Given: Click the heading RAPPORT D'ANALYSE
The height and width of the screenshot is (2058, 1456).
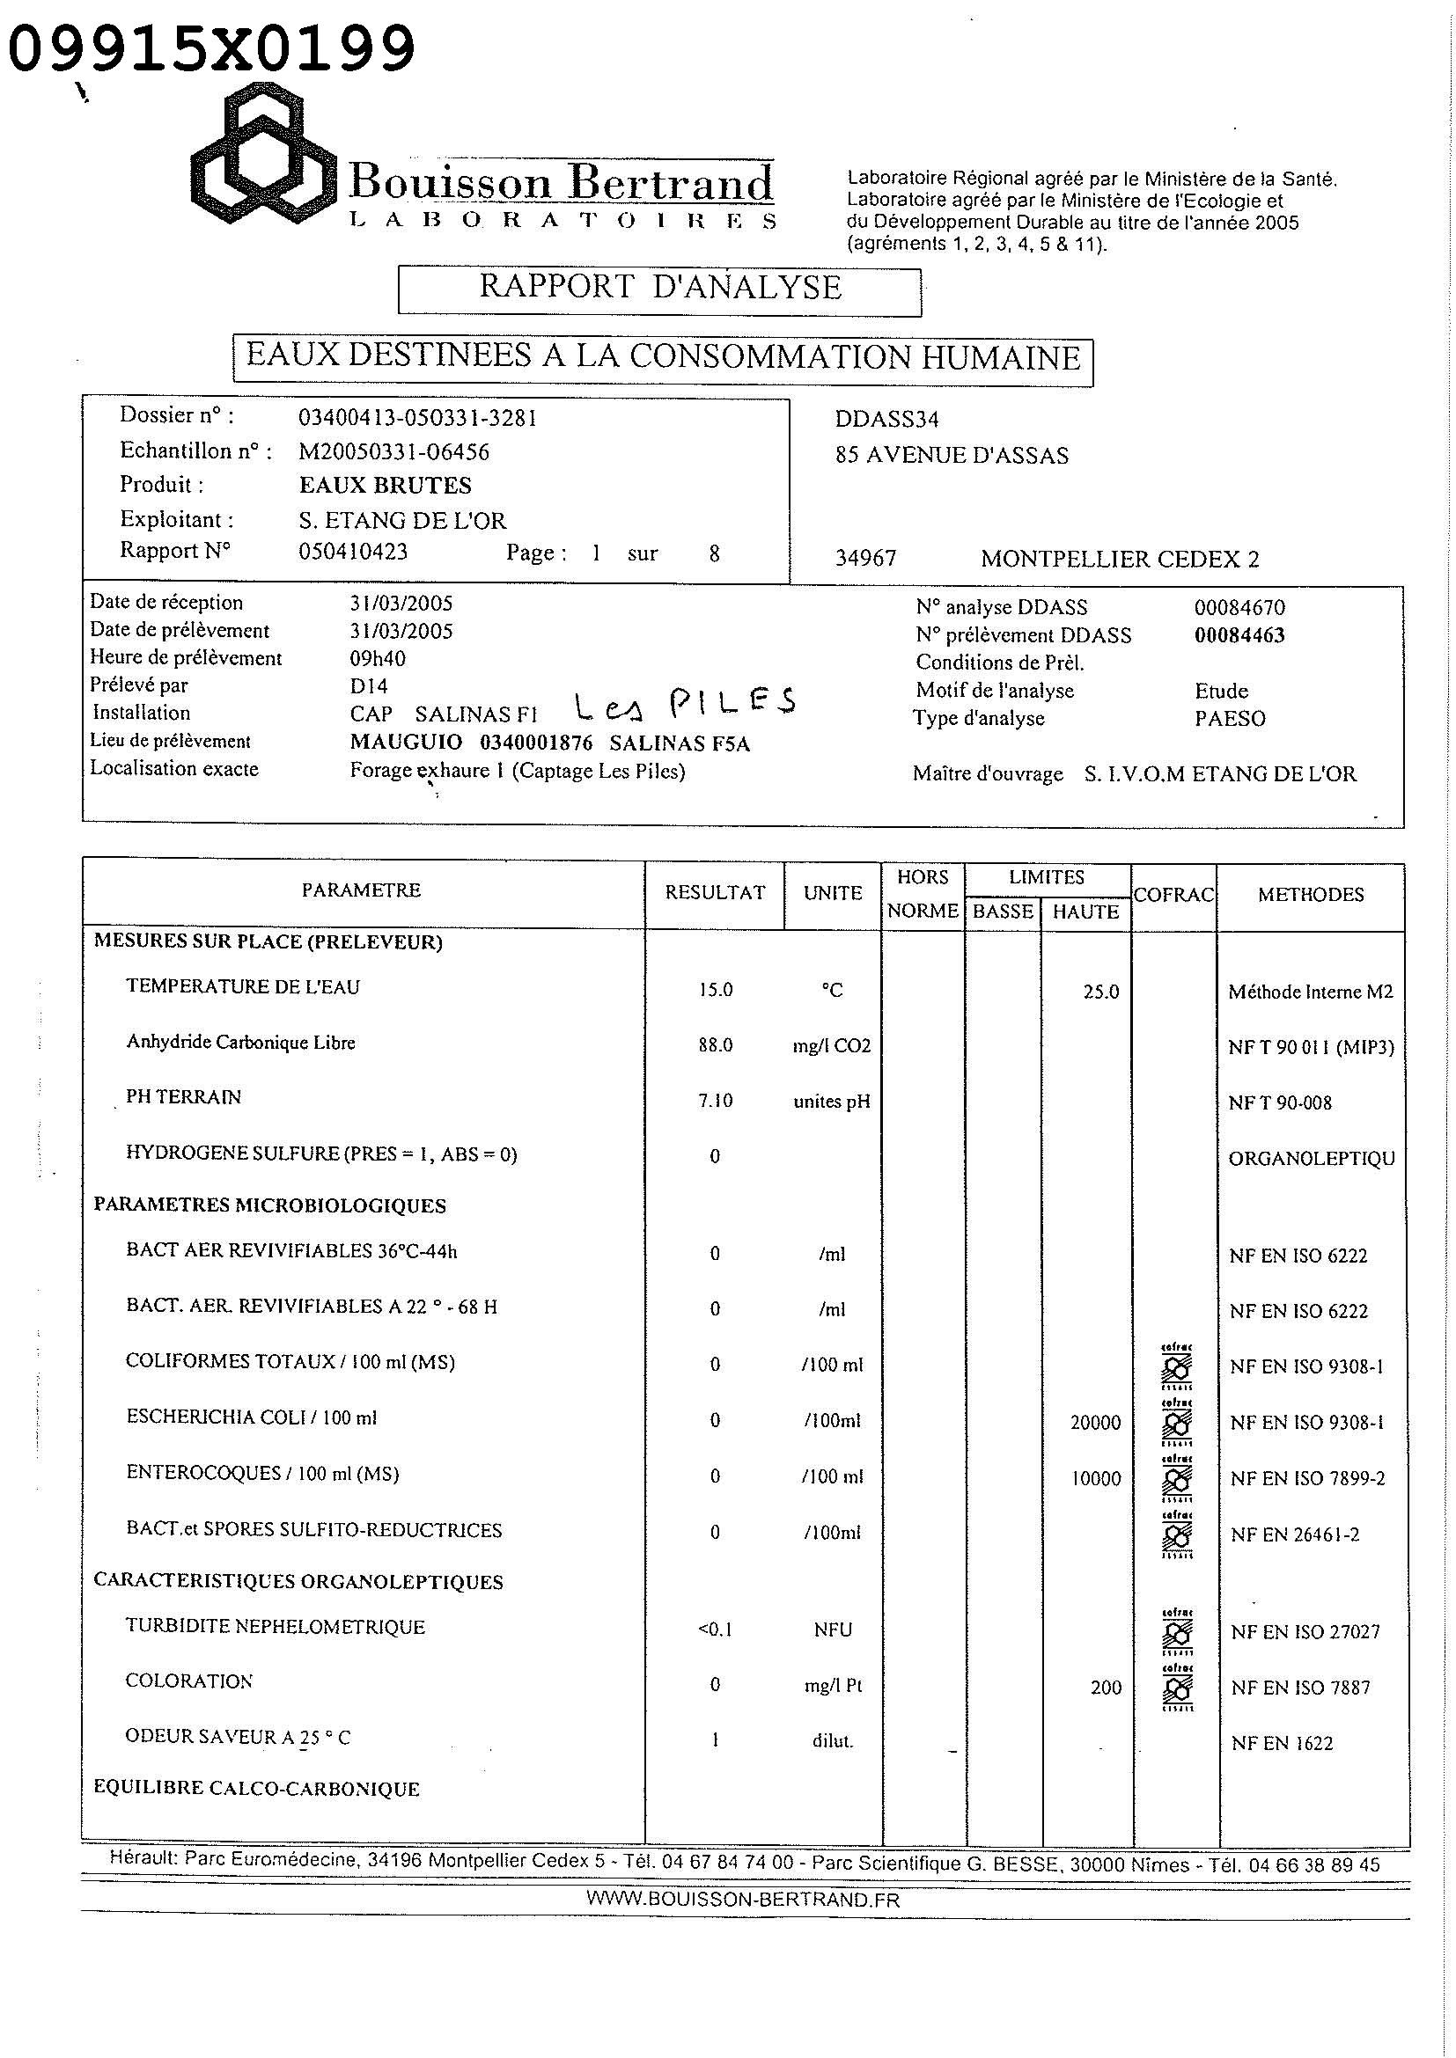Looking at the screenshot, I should click(x=660, y=287).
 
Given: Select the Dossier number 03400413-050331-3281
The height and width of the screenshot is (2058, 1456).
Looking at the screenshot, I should click(x=418, y=418).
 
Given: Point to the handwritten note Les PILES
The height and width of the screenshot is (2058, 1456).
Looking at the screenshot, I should click(x=685, y=705).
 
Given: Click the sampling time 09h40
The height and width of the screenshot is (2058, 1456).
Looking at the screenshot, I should click(x=378, y=659).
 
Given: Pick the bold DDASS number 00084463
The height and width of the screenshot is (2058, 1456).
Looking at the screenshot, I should click(x=1239, y=635).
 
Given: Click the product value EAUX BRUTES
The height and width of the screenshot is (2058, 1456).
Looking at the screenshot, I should click(x=385, y=486).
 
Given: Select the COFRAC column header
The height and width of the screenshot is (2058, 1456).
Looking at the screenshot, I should click(x=1173, y=894).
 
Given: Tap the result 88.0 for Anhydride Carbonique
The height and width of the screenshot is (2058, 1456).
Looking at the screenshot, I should click(x=716, y=1045).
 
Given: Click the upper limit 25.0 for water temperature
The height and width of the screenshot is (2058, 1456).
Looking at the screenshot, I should click(x=1100, y=992).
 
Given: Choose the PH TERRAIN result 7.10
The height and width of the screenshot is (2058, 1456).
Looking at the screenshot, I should click(x=716, y=1100).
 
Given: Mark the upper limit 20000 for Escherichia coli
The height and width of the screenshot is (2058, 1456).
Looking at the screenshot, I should click(x=1096, y=1423).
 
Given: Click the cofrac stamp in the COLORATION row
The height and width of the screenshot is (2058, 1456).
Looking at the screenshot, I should click(x=1176, y=1687).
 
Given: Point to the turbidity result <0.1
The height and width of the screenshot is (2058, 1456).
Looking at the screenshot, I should click(x=715, y=1630).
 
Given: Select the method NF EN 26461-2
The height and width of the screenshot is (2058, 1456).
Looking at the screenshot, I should click(x=1295, y=1534).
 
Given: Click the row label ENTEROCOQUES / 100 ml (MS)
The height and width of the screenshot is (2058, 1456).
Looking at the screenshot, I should click(x=261, y=1474).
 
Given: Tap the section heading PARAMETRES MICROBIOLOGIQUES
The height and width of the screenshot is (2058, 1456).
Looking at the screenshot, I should click(x=270, y=1205).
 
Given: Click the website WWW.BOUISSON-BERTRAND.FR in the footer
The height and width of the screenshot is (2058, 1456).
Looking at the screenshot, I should click(x=742, y=1900).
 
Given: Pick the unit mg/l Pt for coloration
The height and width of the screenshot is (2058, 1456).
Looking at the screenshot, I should click(x=833, y=1686).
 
